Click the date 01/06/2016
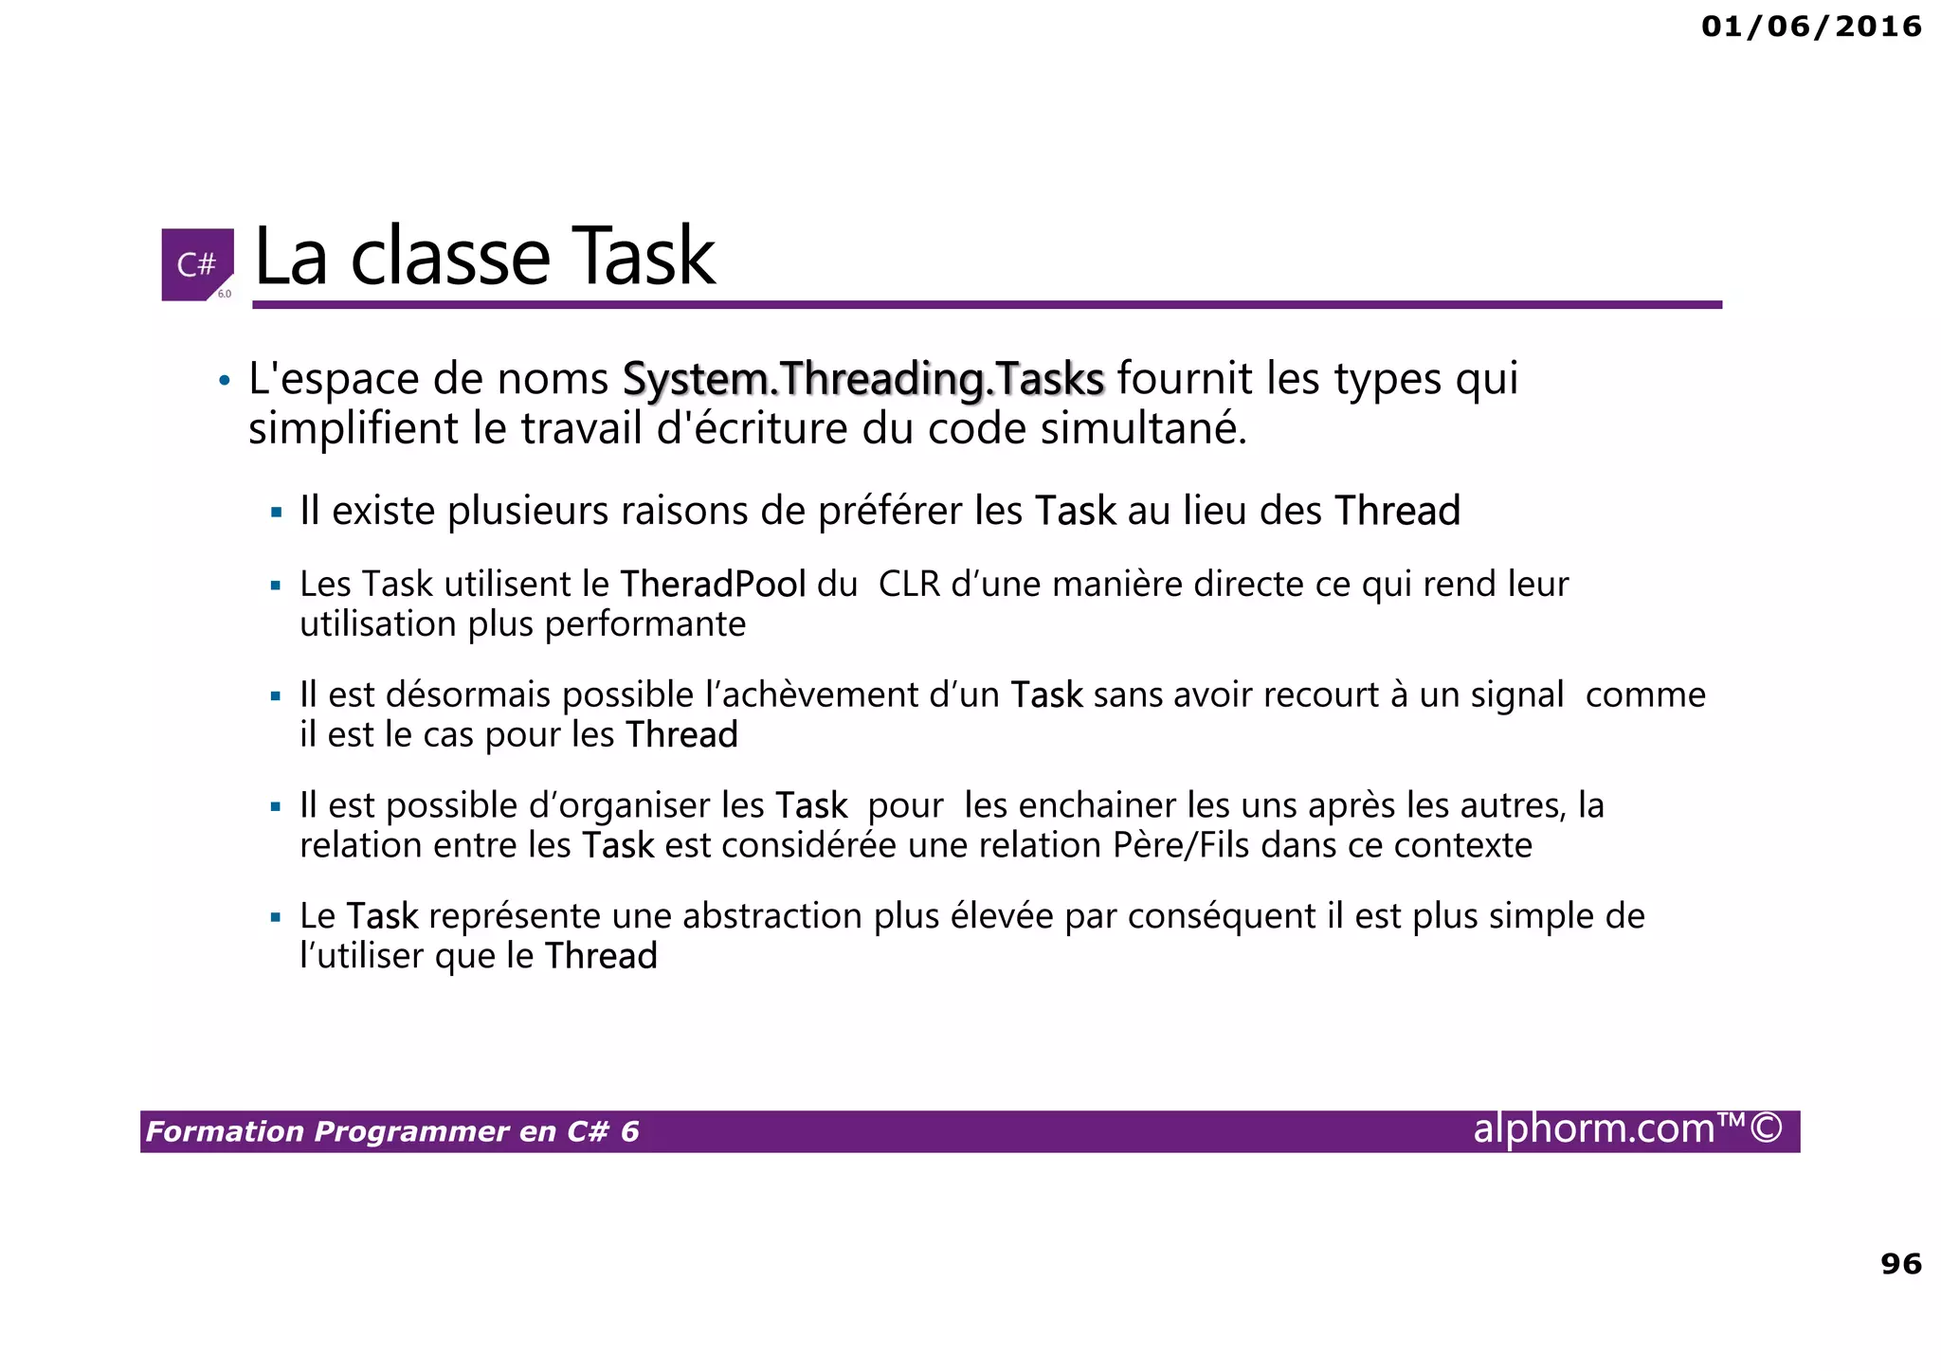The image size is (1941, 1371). [1811, 27]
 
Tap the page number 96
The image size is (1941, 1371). [1900, 1263]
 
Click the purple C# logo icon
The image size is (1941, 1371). [197, 264]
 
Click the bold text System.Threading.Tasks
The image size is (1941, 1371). [862, 379]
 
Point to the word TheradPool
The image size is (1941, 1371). [713, 585]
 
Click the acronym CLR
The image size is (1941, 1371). [909, 585]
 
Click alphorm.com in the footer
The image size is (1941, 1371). [1594, 1128]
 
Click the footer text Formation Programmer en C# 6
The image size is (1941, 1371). [392, 1131]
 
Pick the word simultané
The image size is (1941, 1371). [1143, 429]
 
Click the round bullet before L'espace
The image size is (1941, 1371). [224, 381]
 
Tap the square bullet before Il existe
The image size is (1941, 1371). [276, 513]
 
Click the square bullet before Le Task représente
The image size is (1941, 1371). [276, 917]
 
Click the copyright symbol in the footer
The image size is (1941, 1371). [1766, 1128]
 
